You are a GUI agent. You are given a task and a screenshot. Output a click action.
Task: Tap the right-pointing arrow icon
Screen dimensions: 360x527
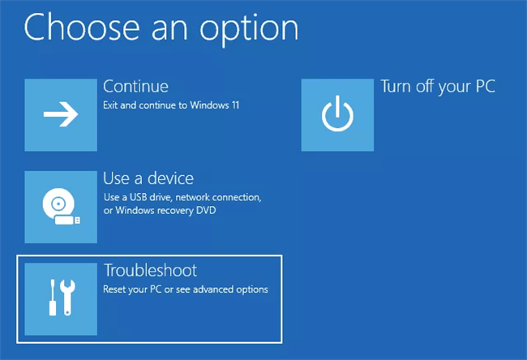pyautogui.click(x=61, y=115)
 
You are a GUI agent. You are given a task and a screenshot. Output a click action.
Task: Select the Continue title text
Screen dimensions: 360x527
pyautogui.click(x=135, y=86)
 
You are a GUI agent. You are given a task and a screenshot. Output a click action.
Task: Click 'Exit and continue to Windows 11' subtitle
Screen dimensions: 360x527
pyautogui.click(x=171, y=105)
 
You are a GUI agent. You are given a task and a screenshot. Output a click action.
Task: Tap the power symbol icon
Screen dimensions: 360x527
pyautogui.click(x=336, y=115)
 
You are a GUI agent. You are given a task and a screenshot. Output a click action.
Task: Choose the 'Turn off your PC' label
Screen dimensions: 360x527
pyautogui.click(x=437, y=86)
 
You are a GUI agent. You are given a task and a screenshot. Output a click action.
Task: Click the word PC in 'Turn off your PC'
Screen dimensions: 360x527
pyautogui.click(x=483, y=86)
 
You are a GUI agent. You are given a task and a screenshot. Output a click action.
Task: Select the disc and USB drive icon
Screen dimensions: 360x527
pyautogui.click(x=61, y=207)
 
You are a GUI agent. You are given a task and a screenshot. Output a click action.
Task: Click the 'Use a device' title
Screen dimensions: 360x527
pyautogui.click(x=148, y=178)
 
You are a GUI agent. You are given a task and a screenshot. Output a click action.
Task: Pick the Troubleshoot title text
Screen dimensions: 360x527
pyautogui.click(x=150, y=269)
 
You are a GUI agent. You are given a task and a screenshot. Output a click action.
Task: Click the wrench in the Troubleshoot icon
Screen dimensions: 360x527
pyautogui.click(x=71, y=298)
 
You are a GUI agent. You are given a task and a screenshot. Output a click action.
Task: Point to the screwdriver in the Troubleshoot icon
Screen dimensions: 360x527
pyautogui.click(x=51, y=298)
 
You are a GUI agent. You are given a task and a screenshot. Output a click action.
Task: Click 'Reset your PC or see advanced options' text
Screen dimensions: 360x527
pyautogui.click(x=185, y=289)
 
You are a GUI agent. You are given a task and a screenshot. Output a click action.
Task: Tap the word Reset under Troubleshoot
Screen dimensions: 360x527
pyautogui.click(x=114, y=289)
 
